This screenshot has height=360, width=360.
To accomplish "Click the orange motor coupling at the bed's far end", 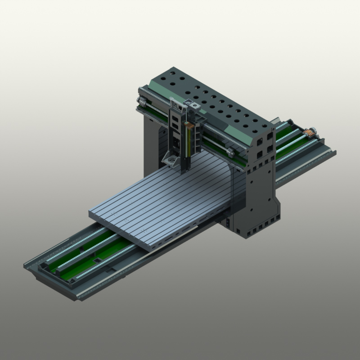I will click(x=310, y=132).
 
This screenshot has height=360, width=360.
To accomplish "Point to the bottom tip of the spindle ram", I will click(x=184, y=170).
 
